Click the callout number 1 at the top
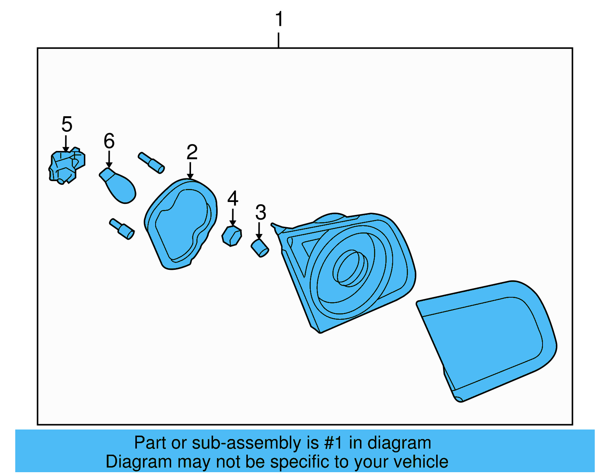tap(279, 19)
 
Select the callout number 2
tap(192, 152)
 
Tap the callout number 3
tap(261, 213)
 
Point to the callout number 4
tap(233, 199)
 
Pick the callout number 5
tap(67, 124)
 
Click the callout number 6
tap(109, 141)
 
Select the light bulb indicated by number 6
tap(119, 186)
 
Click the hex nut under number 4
tap(232, 236)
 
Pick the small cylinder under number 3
tap(260, 248)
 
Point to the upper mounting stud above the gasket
tap(151, 163)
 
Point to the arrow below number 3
tap(259, 231)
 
